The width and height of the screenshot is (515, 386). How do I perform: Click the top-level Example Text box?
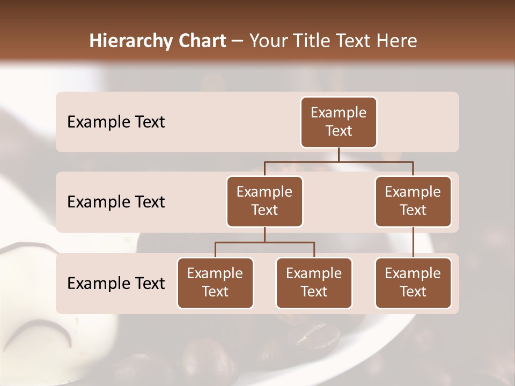(x=339, y=122)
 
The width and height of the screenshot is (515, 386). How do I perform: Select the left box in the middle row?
(x=264, y=202)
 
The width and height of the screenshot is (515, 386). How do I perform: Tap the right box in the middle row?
(x=413, y=202)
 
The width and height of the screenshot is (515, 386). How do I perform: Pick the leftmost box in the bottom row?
(x=215, y=283)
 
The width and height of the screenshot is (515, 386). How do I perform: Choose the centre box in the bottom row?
(x=314, y=283)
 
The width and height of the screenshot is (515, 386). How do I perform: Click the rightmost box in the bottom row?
(x=413, y=283)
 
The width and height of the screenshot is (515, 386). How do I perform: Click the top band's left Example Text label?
(x=116, y=122)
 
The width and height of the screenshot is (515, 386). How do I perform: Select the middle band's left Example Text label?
(x=116, y=202)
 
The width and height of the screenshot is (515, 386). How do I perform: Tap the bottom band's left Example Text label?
(x=116, y=284)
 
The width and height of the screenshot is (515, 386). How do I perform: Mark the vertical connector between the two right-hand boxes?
(x=413, y=242)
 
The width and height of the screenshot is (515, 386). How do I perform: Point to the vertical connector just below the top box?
(x=339, y=154)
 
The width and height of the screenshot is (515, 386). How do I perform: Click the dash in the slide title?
(x=238, y=41)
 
